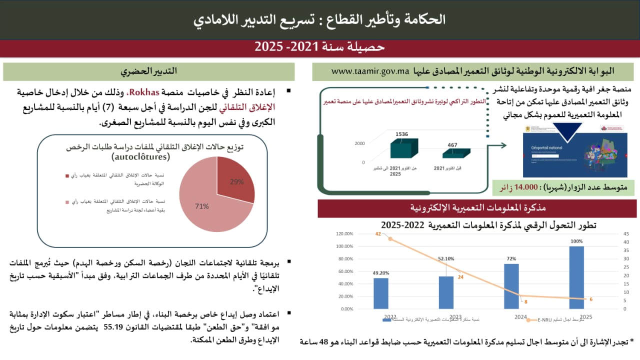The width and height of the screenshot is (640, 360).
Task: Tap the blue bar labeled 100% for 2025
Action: pyautogui.click(x=576, y=277)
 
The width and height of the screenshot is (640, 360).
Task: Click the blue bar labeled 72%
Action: pyautogui.click(x=511, y=286)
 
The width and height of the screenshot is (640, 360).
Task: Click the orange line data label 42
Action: pyautogui.click(x=378, y=234)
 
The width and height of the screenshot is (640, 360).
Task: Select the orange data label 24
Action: pyautogui.click(x=460, y=277)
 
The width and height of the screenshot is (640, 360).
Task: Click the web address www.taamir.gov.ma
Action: pyautogui.click(x=370, y=71)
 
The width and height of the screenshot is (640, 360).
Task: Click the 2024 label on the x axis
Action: pyautogui.click(x=520, y=317)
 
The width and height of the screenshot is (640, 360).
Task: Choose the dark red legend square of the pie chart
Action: pyautogui.click(x=67, y=175)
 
